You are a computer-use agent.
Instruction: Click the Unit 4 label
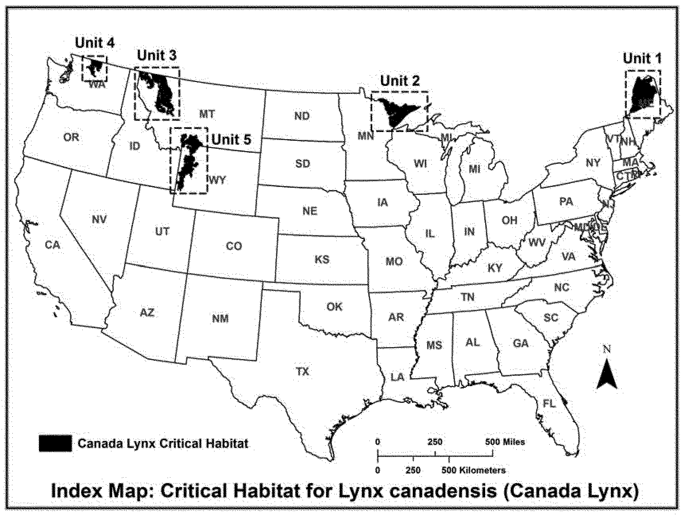(95, 43)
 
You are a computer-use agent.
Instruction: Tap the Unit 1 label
(642, 58)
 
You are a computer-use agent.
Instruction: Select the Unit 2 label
(400, 81)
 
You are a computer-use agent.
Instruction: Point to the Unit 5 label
(231, 139)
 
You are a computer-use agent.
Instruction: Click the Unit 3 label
(156, 55)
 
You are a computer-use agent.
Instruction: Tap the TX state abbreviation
(302, 372)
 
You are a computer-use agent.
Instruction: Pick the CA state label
(53, 245)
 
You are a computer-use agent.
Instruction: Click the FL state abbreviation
(549, 404)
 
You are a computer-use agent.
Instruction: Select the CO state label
(234, 246)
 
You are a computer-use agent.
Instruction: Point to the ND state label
(302, 116)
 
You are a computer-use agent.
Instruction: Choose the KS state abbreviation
(322, 260)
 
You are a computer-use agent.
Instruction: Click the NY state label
(593, 163)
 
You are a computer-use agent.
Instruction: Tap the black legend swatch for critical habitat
(55, 443)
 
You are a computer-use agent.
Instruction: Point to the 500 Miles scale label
(505, 442)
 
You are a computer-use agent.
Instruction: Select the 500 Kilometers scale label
(474, 470)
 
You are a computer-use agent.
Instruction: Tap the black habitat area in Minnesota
(396, 112)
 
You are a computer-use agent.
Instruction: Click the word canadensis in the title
(440, 491)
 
